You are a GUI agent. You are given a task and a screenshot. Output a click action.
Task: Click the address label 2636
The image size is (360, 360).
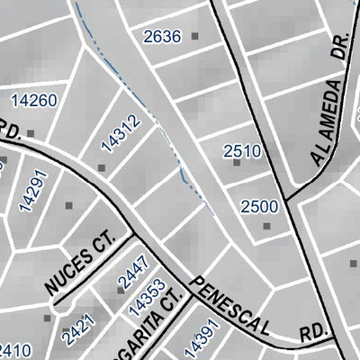point(162,37)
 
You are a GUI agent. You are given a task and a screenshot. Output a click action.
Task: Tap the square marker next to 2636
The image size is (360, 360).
point(194,37)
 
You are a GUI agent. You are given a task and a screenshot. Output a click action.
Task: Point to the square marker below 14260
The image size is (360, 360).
point(31,132)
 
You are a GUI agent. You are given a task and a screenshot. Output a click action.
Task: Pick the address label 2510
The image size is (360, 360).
point(242,150)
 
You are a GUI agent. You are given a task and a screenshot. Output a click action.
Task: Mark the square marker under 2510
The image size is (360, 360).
point(238,163)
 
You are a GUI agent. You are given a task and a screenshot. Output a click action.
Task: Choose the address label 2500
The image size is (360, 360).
point(259,206)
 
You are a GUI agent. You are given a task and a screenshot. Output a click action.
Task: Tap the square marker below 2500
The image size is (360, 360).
point(266,225)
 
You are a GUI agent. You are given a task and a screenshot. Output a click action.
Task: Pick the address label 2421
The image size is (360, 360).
point(76,330)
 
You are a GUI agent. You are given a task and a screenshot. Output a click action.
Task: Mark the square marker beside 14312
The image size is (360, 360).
point(102,167)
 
